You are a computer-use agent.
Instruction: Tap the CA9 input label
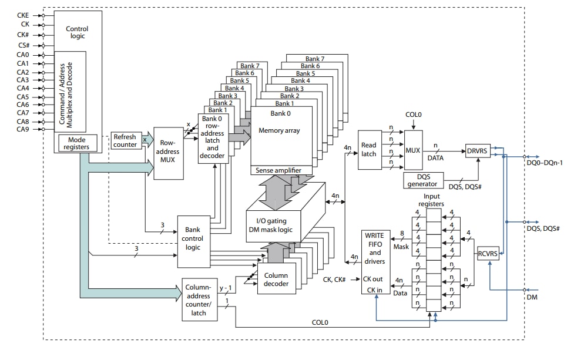pyautogui.click(x=22, y=129)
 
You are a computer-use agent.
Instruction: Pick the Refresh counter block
pyautogui.click(x=125, y=140)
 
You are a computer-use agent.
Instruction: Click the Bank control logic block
pyautogui.click(x=193, y=238)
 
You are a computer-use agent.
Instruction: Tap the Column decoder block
pyautogui.click(x=276, y=280)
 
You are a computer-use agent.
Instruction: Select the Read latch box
pyautogui.click(x=370, y=150)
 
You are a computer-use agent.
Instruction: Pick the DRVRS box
pyautogui.click(x=477, y=150)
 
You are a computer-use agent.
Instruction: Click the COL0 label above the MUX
pyautogui.click(x=414, y=115)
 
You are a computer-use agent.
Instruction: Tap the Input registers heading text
pyautogui.click(x=433, y=200)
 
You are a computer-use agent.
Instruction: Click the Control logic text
pyautogui.click(x=77, y=32)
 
